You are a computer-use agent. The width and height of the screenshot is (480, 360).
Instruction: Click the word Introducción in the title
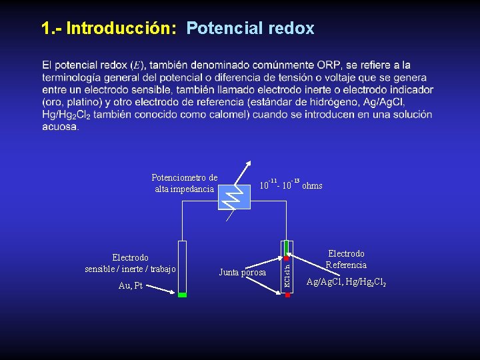click(121, 29)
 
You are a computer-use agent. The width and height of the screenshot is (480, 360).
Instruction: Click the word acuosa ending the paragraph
click(59, 127)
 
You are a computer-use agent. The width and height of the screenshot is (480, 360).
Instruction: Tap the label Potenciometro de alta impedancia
click(184, 183)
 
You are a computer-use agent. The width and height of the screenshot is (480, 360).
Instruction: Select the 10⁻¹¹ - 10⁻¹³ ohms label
click(291, 185)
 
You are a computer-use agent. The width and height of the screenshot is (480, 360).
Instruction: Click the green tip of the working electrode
click(181, 293)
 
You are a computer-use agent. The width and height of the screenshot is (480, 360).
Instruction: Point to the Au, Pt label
click(130, 286)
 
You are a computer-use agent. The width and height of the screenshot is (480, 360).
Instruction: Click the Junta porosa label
click(243, 272)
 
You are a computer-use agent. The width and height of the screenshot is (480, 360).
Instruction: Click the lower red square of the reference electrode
click(287, 293)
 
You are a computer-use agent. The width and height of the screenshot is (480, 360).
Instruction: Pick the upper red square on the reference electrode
click(287, 257)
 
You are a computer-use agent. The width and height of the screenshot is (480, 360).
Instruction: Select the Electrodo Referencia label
click(346, 259)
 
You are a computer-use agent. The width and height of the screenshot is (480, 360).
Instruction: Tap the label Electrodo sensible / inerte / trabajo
click(131, 263)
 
